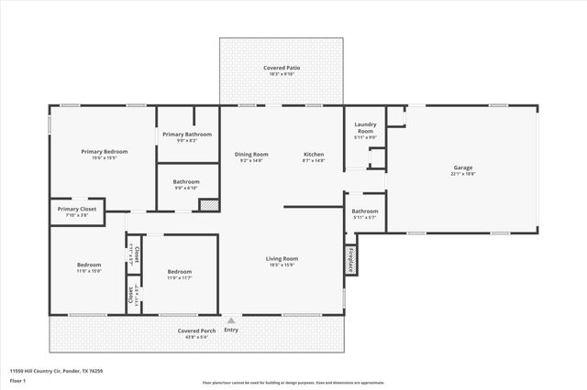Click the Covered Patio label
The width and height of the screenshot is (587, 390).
point(282,68)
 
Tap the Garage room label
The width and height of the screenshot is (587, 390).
point(461,168)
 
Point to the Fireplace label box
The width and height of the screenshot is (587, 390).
point(350,259)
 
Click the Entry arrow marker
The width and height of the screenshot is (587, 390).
point(231,320)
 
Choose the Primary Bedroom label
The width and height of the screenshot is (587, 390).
point(104,151)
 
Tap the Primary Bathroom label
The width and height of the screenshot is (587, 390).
point(186,135)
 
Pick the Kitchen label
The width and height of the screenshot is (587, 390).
point(314,154)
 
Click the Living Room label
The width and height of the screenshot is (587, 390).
point(281,259)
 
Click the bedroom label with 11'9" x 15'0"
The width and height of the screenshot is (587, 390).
point(89,265)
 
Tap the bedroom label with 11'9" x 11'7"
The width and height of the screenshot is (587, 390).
point(180,272)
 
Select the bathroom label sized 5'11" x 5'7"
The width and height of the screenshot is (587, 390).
point(364,211)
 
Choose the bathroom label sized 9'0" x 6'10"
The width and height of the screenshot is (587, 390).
point(186,181)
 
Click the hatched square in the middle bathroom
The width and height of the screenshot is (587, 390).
point(208,205)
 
